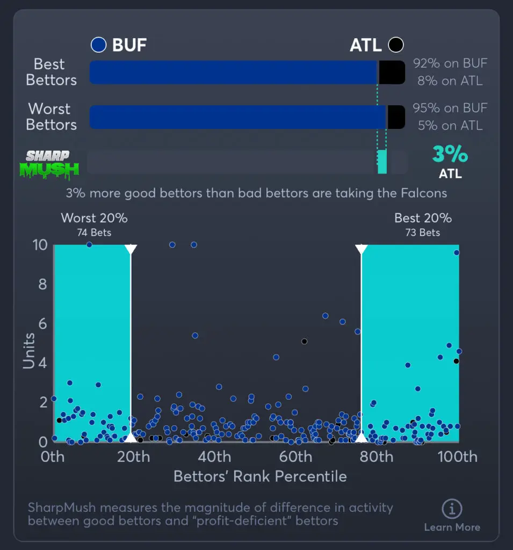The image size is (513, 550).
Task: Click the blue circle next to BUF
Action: pos(99,45)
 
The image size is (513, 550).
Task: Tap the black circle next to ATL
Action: pos(396,45)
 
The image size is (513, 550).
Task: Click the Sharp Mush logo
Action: pos(49,164)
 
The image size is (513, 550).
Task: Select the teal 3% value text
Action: pos(450,155)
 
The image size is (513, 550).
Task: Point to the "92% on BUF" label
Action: pos(450,63)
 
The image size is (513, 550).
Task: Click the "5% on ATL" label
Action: pos(450,126)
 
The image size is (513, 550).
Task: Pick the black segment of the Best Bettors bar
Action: pos(392,72)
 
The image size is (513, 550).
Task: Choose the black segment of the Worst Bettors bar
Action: pos(396,117)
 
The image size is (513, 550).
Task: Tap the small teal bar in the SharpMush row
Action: pos(382,162)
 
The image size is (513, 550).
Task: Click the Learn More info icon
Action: pos(452,509)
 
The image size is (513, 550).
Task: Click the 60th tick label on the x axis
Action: pos(296,457)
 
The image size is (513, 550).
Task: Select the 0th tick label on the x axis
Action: pos(53,457)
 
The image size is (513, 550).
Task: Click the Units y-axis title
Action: pos(29,351)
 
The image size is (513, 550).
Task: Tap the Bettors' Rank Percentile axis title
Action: pos(260,476)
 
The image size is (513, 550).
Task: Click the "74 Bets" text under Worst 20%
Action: pos(94,233)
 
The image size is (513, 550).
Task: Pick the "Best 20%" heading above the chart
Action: pos(423,218)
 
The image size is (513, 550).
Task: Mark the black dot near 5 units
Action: pos(304,341)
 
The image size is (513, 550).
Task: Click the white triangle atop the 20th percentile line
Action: pos(131,249)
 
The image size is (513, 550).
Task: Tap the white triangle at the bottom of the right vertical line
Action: pos(362,437)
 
